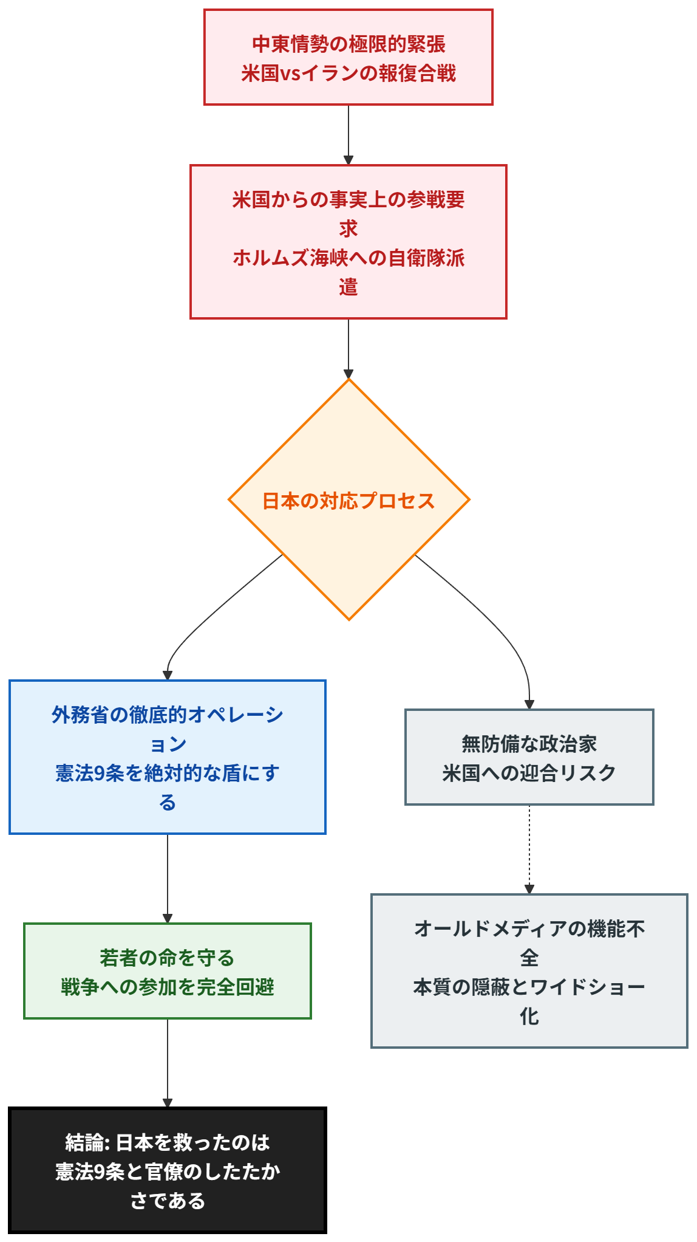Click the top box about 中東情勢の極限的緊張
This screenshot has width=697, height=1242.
click(x=348, y=57)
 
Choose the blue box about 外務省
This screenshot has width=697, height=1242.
click(x=167, y=757)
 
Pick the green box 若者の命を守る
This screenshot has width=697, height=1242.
click(x=167, y=971)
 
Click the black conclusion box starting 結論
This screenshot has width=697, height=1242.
click(x=167, y=1170)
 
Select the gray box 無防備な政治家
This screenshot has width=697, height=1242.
click(x=529, y=757)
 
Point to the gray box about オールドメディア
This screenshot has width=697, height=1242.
click(x=529, y=971)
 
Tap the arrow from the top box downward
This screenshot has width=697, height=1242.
click(x=348, y=134)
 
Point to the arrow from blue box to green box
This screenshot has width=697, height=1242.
click(x=167, y=877)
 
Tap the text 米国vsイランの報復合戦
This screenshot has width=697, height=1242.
click(x=348, y=74)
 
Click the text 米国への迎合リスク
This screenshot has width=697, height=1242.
click(x=529, y=773)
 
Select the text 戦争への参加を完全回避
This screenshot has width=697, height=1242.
click(x=167, y=987)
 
